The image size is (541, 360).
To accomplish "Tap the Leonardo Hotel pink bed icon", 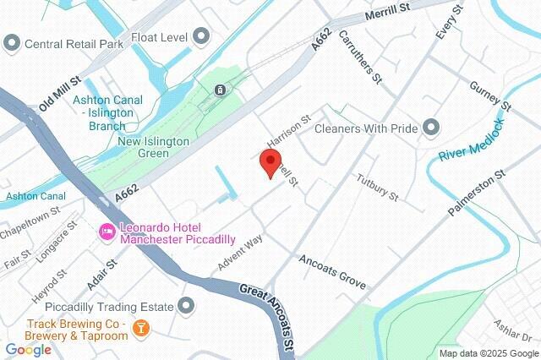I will [x=107, y=232].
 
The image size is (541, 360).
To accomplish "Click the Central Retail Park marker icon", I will [x=12, y=42].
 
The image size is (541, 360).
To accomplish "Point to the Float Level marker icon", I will [x=200, y=36].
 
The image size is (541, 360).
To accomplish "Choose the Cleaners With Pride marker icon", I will [x=431, y=128].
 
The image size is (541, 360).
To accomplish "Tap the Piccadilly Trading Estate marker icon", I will [x=187, y=306].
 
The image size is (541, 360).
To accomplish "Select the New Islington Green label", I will [x=155, y=147].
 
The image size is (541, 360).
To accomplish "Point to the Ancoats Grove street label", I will [x=332, y=271].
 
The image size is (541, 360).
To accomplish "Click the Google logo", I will [x=29, y=349].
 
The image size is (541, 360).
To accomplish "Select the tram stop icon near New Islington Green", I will [x=220, y=90].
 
